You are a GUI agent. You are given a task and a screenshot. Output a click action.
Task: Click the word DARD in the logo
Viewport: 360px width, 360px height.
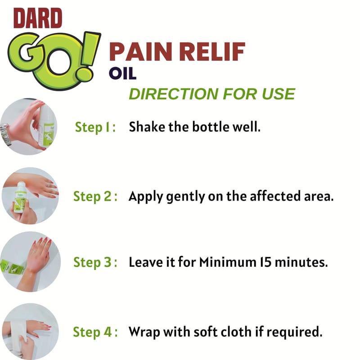[38, 18]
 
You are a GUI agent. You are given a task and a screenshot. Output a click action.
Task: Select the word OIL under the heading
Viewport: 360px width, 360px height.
[123, 73]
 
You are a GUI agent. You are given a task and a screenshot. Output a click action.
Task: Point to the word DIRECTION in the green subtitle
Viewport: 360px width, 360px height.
[173, 94]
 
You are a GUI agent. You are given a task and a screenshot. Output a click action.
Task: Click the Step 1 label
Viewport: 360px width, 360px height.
[95, 127]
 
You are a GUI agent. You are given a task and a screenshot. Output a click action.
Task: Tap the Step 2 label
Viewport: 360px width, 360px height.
[95, 197]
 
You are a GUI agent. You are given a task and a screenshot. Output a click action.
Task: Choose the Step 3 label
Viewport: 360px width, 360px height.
[95, 262]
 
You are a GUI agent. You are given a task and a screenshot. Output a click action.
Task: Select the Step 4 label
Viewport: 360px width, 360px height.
[95, 332]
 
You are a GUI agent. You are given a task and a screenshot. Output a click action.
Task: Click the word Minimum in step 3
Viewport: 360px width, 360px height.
[228, 262]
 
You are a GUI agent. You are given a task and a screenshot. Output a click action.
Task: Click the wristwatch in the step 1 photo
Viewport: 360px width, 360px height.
[5, 134]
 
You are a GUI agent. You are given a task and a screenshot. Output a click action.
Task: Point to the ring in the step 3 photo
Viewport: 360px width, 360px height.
[34, 251]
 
